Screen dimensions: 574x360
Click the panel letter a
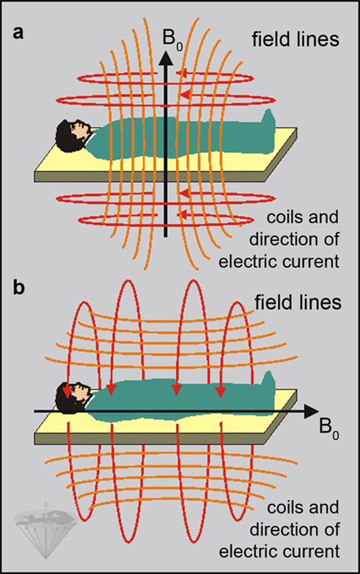[x=19, y=34]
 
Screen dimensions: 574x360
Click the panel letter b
[x=19, y=289]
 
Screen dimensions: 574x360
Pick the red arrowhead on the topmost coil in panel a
[x=183, y=72]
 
